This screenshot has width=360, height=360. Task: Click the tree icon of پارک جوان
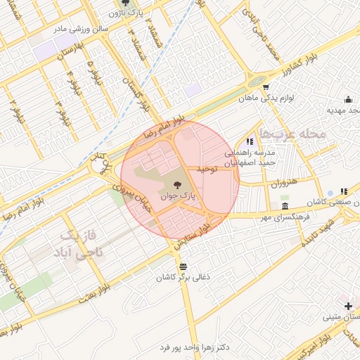176,184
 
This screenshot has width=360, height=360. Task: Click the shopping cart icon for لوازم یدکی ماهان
266,87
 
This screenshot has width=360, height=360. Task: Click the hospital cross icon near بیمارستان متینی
348,305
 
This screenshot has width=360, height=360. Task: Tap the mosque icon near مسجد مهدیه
349,99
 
